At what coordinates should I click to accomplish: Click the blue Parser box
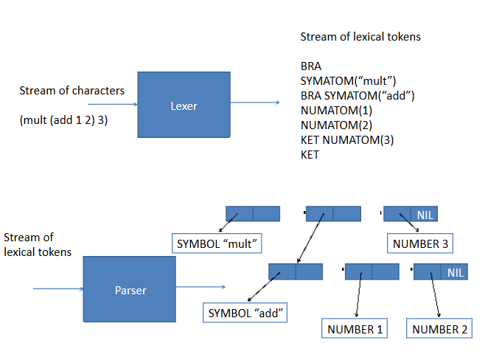click(x=129, y=289)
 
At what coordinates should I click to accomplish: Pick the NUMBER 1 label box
click(x=355, y=329)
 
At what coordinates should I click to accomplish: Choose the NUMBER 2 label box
click(x=440, y=329)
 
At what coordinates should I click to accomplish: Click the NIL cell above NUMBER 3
click(x=425, y=215)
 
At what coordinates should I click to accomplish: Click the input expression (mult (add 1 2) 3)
click(x=63, y=120)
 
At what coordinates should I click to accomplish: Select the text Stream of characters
click(x=72, y=91)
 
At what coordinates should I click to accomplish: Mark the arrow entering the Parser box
click(x=57, y=289)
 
